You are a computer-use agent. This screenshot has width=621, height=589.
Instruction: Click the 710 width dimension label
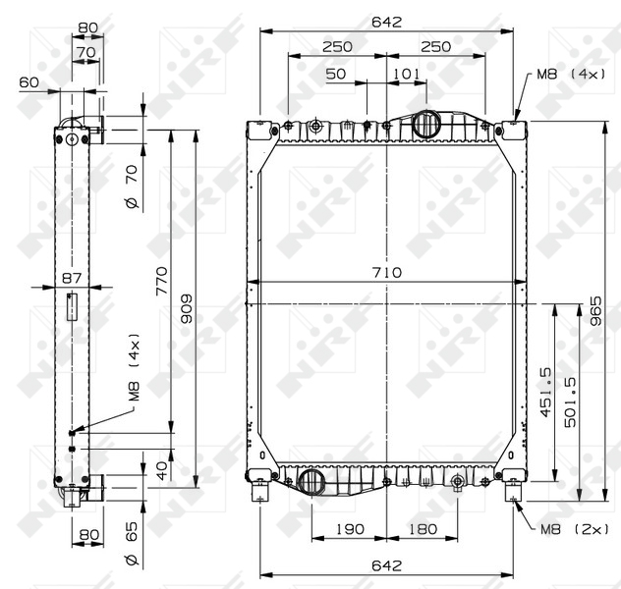click(x=386, y=273)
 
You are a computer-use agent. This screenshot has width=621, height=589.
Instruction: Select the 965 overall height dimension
click(x=595, y=311)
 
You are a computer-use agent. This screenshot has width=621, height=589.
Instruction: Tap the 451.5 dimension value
click(x=545, y=393)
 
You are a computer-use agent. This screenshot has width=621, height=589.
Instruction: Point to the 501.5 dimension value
click(x=570, y=402)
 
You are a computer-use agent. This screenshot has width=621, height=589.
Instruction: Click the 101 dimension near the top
click(x=407, y=74)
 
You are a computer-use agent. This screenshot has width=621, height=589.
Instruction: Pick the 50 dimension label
click(x=336, y=74)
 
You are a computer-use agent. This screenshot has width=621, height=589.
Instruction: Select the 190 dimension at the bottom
click(x=350, y=529)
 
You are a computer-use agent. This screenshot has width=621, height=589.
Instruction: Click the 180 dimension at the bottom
click(x=423, y=529)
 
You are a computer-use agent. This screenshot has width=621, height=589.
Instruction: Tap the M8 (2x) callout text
click(x=574, y=529)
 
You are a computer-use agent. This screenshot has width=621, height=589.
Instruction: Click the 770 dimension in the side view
click(x=162, y=282)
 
